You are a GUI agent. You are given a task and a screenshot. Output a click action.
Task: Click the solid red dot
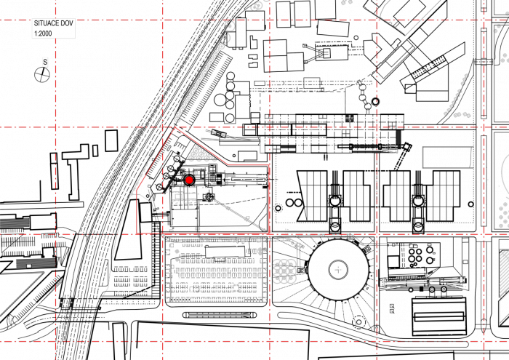[189, 180]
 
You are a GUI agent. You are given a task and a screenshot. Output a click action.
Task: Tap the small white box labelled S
[45, 63]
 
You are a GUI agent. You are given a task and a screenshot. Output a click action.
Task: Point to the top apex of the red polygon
[175, 128]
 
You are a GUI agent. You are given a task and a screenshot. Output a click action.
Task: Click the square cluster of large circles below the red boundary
[284, 271]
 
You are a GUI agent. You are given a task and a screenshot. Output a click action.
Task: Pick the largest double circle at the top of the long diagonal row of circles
[230, 26]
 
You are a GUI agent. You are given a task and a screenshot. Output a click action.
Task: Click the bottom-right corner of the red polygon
[270, 233]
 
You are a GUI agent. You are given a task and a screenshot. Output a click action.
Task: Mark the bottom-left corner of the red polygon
[137, 233]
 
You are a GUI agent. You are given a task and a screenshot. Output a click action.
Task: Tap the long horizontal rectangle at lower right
[422, 281]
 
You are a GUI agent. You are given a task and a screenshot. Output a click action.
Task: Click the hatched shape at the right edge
[504, 273]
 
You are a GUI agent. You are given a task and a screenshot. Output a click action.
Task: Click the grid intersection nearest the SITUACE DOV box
[56, 20]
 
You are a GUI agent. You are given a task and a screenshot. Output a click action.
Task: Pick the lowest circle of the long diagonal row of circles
[177, 119]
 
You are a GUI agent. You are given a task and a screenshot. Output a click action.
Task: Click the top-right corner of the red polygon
[270, 165]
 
